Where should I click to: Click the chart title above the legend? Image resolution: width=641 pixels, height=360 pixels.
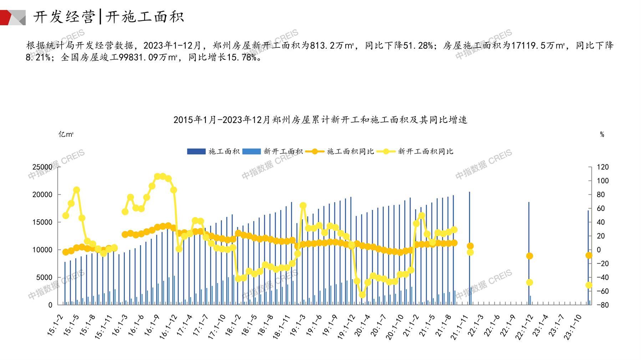tap(320, 120)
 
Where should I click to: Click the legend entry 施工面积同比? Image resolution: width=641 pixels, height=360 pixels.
tap(350, 151)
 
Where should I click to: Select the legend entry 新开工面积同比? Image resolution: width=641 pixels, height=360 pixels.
tap(425, 151)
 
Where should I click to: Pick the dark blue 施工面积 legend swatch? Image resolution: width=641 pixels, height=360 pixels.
tap(196, 151)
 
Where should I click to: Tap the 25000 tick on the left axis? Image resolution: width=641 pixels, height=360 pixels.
tap(42, 167)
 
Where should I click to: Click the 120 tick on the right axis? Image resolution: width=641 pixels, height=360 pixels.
tap(603, 167)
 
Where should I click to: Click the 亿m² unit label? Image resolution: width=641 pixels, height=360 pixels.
tap(66, 134)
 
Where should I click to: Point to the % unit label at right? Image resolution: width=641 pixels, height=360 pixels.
tap(602, 134)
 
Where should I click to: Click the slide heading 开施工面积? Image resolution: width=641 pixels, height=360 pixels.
tap(144, 17)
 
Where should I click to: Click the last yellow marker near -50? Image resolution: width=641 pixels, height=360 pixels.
tap(589, 285)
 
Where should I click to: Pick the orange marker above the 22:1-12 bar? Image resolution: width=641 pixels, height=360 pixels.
tap(529, 256)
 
